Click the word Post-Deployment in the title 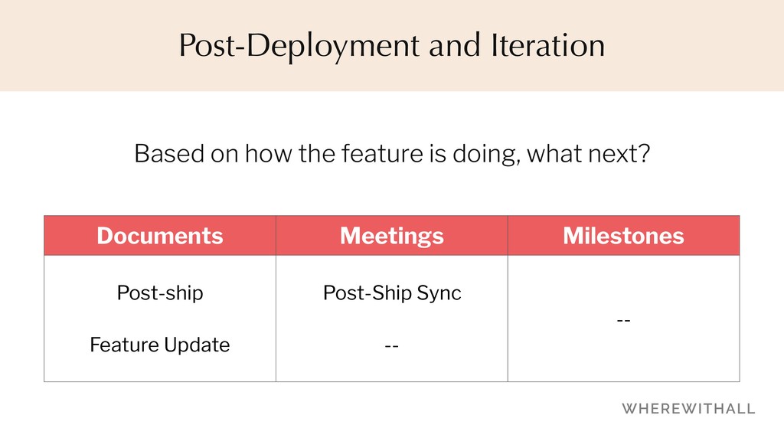[299, 46]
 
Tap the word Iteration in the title [548, 45]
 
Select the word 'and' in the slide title [455, 45]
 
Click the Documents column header [160, 236]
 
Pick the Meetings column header [392, 236]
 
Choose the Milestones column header [623, 236]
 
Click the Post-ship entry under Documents [160, 293]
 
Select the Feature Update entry [160, 345]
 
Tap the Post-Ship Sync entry [392, 293]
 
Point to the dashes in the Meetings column [391, 345]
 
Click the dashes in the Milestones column [623, 319]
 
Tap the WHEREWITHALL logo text [688, 409]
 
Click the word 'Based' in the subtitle [169, 153]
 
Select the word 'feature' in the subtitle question [383, 153]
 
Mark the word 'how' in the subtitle [268, 153]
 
